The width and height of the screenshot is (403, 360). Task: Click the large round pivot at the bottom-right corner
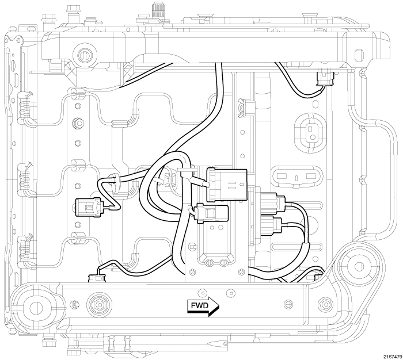359,266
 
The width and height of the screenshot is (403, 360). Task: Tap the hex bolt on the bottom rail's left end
94,302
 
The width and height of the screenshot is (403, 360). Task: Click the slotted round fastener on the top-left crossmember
84,55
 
